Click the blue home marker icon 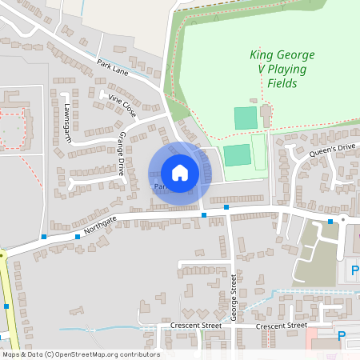[x=179, y=172]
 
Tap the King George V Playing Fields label [x=282, y=69]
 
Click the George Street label [x=234, y=297]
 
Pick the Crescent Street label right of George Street [x=281, y=326]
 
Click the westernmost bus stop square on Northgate [x=42, y=237]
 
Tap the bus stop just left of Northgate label [x=77, y=236]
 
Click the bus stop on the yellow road [x=6, y=306]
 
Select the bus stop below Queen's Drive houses [x=330, y=222]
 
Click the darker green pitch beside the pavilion [x=246, y=118]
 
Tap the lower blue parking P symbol [x=342, y=336]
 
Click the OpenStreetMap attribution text [x=81, y=354]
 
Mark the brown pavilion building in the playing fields [x=266, y=116]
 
